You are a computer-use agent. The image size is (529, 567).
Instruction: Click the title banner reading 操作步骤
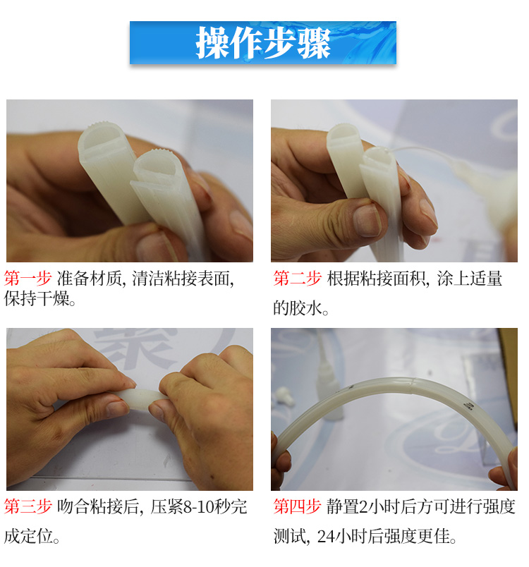(x=262, y=43)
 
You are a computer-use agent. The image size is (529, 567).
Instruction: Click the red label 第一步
(x=28, y=278)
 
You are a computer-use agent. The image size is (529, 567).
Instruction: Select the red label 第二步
(x=297, y=278)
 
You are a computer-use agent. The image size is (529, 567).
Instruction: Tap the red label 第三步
(x=28, y=506)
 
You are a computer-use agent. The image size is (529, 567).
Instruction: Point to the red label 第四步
(x=297, y=506)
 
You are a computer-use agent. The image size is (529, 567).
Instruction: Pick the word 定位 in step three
(x=37, y=537)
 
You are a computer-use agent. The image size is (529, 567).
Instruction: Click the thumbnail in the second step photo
(x=367, y=221)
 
